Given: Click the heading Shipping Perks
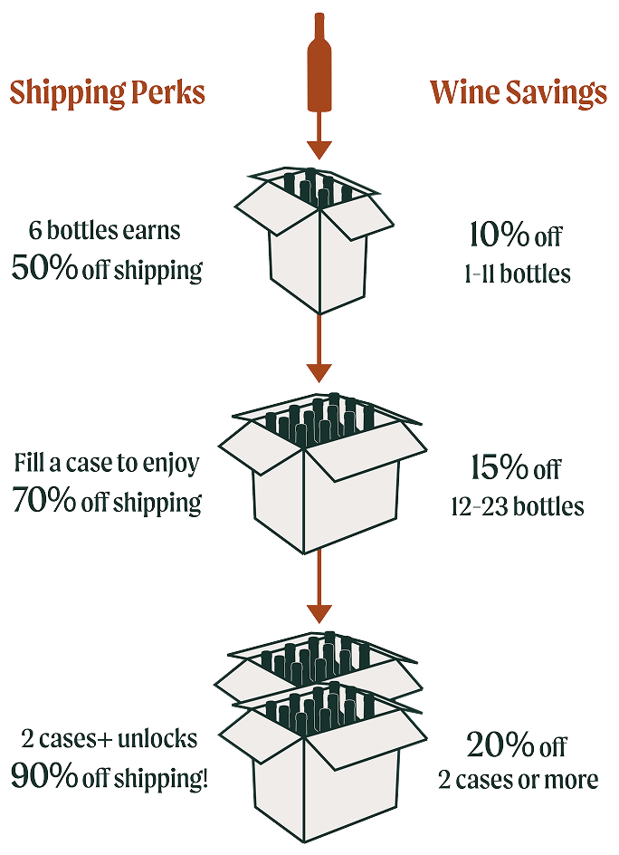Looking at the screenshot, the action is tap(108, 92).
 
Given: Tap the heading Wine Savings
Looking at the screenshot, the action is tap(519, 92).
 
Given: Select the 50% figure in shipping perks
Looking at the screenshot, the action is tap(44, 267).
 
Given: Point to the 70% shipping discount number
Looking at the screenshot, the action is tap(43, 499).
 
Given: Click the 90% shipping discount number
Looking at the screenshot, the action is tap(44, 775).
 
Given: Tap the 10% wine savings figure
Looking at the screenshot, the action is tap(499, 235).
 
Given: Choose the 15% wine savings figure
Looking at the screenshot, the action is tap(500, 467).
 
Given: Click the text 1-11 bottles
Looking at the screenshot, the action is tap(518, 274).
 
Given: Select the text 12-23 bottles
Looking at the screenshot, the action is tap(518, 506).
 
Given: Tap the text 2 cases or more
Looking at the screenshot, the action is tap(519, 780).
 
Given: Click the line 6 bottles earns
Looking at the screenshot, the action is tap(105, 230).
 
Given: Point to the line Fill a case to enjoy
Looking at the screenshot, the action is tap(107, 463).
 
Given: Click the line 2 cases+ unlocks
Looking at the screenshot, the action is tap(110, 739).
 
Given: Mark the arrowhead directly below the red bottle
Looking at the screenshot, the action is tap(319, 149).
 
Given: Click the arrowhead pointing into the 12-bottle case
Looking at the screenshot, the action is tap(319, 373).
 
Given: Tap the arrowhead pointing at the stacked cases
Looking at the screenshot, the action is tap(319, 613).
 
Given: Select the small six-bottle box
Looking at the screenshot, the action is tap(314, 241).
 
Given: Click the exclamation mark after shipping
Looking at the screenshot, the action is tap(205, 776).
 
